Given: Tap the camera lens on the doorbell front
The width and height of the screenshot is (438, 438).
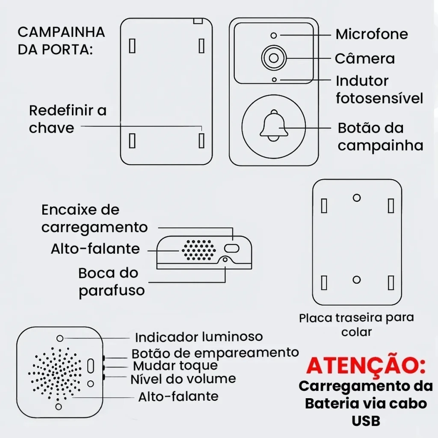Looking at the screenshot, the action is point(274,58).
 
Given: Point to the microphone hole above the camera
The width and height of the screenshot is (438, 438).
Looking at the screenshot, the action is point(274,36).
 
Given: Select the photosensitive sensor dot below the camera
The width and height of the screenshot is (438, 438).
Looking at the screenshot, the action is point(274,80).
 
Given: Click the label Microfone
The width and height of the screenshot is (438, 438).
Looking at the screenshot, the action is point(372,34).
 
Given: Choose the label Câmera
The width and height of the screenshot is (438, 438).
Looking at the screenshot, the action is point(365,58).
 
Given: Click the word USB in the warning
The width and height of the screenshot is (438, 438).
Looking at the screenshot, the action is point(366,421).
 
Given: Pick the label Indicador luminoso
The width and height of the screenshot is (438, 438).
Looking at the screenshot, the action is point(199,337).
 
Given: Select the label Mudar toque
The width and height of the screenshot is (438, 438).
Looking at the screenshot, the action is point(175,366).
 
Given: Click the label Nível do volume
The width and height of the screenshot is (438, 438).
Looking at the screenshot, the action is point(183,379).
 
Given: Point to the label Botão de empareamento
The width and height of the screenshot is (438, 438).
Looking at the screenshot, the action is point(215,353).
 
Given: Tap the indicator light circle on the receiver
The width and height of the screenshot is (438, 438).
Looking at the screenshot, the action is point(60,338).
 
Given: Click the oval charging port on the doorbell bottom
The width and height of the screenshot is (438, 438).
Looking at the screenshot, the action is point(231,248).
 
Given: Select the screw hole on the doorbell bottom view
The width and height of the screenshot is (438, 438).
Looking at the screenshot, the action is point(225,260).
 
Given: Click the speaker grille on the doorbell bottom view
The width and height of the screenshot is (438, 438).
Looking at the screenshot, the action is point(198,250).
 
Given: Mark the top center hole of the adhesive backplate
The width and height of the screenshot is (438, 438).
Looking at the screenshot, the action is point(357,198).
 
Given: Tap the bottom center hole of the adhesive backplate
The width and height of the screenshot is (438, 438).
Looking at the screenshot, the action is point(357,280).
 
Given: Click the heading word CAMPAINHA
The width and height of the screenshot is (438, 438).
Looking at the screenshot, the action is point(62,32).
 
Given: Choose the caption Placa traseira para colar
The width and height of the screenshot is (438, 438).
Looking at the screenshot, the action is point(356,325).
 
